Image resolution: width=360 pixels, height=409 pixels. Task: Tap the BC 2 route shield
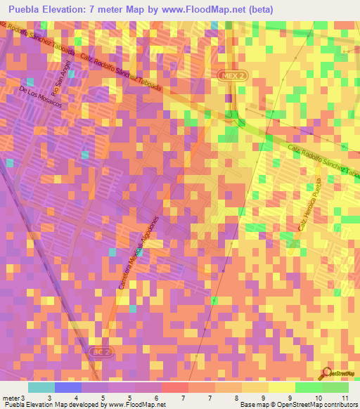[x=101, y=350]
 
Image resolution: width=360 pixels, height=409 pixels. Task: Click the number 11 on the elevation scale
[x=345, y=398]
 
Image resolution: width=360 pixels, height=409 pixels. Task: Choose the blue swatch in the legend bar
[x=67, y=387]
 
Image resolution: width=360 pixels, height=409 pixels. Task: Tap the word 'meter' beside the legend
[x=10, y=398]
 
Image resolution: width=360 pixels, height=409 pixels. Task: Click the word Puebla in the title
[x=25, y=9]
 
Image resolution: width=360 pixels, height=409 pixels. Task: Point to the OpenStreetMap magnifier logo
[x=328, y=372]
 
